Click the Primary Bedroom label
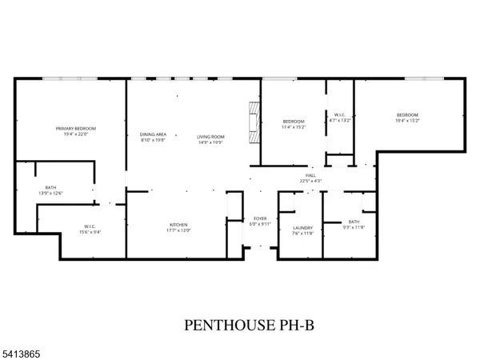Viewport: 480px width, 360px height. point(76,129)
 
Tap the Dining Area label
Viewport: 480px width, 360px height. point(153,134)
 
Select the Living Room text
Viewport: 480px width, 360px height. point(211,137)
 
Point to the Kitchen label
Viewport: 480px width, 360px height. point(178,225)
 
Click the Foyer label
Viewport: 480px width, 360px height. point(260,218)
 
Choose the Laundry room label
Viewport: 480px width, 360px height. point(302,228)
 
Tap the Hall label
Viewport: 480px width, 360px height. point(310,175)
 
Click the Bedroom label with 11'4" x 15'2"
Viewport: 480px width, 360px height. point(294,121)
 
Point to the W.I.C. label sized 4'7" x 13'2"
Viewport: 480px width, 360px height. point(340,115)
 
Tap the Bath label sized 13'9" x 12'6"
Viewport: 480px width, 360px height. point(50,187)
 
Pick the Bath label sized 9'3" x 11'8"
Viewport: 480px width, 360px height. point(354,222)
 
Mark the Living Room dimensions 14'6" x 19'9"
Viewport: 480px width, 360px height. point(211,143)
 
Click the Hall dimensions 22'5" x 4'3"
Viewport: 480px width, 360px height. point(310,181)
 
